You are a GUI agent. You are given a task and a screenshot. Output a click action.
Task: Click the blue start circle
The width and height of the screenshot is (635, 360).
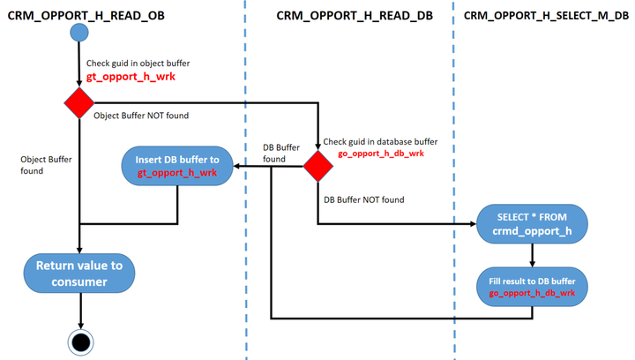79,33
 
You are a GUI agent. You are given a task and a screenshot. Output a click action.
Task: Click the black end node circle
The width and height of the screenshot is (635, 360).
80,342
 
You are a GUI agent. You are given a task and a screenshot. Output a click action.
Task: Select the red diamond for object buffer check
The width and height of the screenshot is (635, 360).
79,103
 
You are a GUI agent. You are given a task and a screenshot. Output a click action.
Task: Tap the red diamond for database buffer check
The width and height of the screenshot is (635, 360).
317,166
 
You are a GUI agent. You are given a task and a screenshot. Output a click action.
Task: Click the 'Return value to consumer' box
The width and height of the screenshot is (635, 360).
79,274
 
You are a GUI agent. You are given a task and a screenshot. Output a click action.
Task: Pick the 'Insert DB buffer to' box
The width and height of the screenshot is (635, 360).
177,166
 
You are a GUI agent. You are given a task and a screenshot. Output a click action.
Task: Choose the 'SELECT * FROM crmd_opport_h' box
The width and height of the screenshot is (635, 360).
532,224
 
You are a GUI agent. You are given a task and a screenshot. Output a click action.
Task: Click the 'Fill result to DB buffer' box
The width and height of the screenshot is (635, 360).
532,287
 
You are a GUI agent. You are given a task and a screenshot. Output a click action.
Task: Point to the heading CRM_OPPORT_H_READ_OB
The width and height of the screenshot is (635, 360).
86,16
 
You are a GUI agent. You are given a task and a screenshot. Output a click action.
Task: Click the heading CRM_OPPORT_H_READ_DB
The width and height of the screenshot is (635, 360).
355,16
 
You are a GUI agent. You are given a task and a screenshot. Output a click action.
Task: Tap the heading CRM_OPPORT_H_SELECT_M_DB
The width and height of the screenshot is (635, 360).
546,16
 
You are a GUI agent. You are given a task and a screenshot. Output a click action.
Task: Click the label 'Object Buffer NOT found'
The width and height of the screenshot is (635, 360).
141,116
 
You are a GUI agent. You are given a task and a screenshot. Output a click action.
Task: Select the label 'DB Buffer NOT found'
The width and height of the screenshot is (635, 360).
363,199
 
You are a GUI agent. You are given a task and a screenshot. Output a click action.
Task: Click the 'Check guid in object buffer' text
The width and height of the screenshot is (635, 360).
138,64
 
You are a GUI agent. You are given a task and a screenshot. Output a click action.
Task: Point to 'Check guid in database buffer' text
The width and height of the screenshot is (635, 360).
380,142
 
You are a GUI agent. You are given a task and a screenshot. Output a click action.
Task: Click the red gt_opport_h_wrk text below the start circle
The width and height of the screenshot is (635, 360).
131,77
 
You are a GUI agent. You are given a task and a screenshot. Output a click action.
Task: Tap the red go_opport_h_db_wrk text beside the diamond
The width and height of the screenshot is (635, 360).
381,154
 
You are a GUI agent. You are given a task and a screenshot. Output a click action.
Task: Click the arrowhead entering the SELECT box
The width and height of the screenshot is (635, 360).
473,223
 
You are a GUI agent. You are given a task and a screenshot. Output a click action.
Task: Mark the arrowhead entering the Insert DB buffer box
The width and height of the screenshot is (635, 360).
237,166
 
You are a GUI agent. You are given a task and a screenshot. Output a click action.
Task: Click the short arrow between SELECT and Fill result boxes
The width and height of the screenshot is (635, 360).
532,255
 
